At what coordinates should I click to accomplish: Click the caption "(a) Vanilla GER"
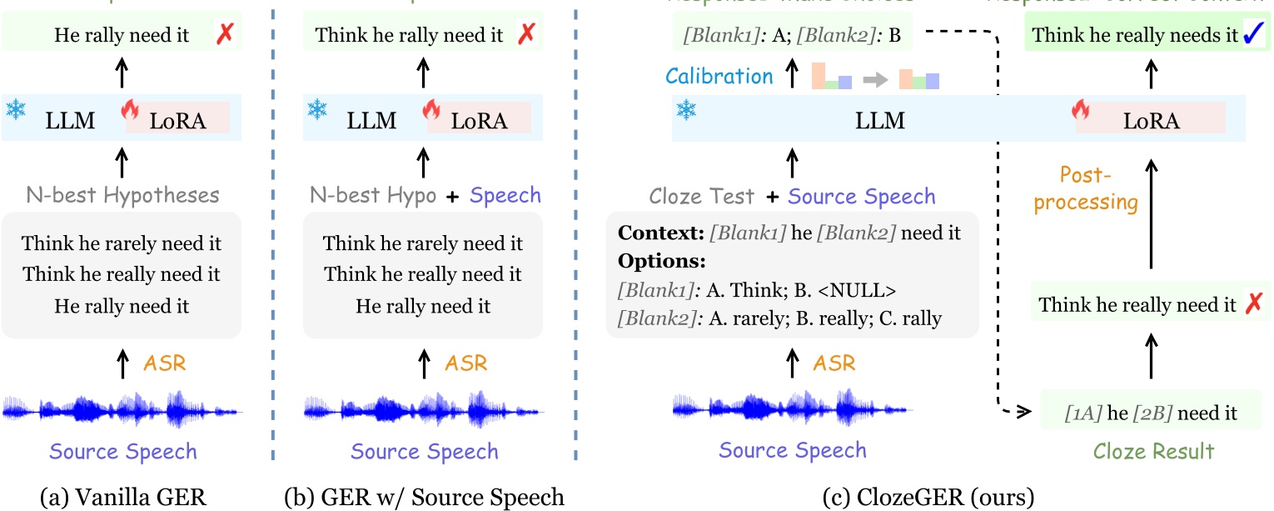tap(122, 498)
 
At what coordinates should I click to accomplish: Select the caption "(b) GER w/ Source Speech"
tap(425, 498)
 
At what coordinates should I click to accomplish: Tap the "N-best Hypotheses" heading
tap(122, 196)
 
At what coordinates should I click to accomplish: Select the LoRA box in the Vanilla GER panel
tap(177, 121)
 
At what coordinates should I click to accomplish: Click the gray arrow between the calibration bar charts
tap(875, 78)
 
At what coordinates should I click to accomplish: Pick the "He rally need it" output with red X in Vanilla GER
tap(122, 36)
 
